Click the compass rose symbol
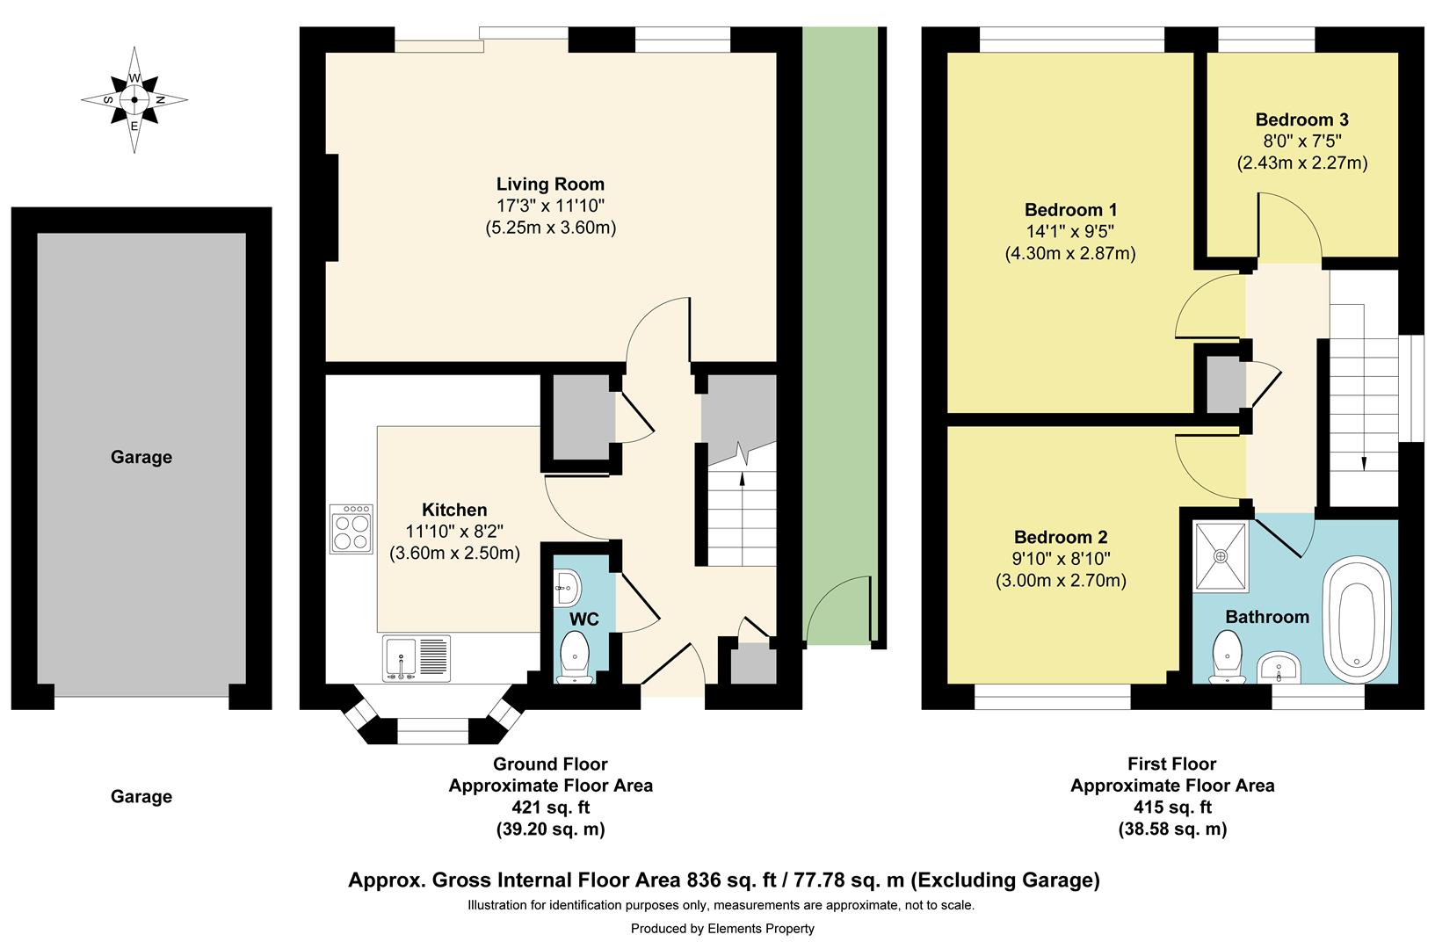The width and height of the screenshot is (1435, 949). [x=134, y=100]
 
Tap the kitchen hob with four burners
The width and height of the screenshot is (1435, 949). [x=352, y=529]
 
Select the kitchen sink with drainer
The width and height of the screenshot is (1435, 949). [x=417, y=658]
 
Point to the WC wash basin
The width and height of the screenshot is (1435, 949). [x=567, y=587]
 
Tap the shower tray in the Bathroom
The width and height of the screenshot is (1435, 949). [x=1221, y=556]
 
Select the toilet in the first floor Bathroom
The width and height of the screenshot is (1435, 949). [x=1228, y=656]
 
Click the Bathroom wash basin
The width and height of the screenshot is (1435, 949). [x=1279, y=669]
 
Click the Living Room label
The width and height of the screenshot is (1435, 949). [x=550, y=185]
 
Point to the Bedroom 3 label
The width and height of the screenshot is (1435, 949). [x=1301, y=120]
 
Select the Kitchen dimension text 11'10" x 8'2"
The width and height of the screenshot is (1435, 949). [x=454, y=532]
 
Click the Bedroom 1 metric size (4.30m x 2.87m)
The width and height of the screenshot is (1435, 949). [x=1069, y=254]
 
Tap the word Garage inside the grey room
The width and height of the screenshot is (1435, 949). [x=141, y=457]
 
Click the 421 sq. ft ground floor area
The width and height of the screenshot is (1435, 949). [x=550, y=808]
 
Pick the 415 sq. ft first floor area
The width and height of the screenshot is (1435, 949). [x=1172, y=808]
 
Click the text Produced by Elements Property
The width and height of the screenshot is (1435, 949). [x=722, y=929]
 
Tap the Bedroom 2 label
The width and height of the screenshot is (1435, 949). [x=1061, y=537]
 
